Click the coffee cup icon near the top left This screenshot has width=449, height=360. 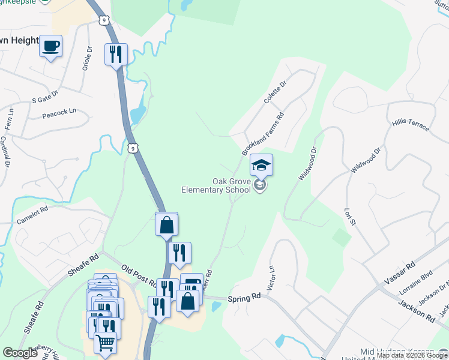(51, 46)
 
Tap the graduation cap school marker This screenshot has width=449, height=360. (261, 164)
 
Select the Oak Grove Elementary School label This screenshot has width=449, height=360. (216, 185)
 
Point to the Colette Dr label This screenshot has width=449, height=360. (276, 92)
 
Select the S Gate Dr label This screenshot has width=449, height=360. (45, 95)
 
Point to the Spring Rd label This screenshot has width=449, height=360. (244, 296)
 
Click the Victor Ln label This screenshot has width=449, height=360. (271, 277)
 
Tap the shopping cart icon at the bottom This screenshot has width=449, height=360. (106, 343)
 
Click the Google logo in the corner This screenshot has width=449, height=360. (20, 353)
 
